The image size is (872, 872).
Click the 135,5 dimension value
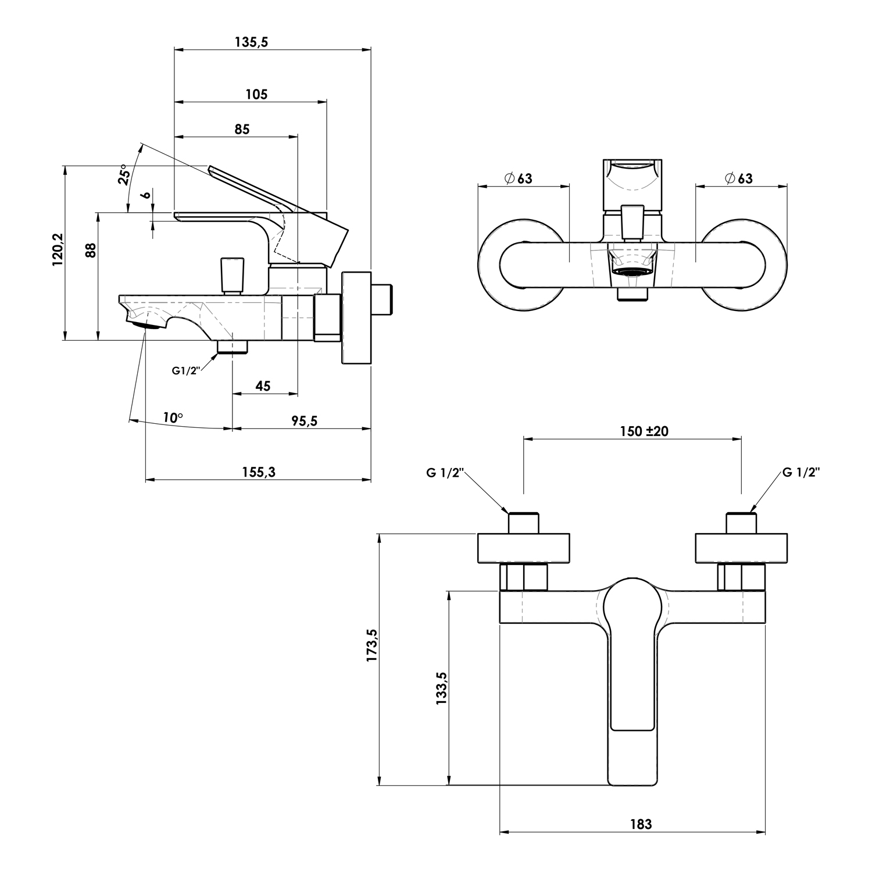coord(251,42)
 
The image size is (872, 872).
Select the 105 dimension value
coord(256,94)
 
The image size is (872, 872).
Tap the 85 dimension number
coord(242,129)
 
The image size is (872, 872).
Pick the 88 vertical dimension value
coord(90,250)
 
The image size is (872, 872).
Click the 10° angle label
coord(173,417)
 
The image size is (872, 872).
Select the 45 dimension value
coord(263,386)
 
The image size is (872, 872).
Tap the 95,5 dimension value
coord(305,421)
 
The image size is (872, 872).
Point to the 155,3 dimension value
coord(259,472)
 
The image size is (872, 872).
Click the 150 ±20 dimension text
coord(644,431)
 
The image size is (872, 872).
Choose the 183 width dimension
coord(641,824)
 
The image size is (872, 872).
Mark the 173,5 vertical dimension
coord(372,645)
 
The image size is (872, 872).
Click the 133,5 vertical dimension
coord(441,688)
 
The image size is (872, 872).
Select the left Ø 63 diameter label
coord(519,178)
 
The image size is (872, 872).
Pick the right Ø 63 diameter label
coord(738,178)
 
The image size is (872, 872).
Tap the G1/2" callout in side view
coord(186,370)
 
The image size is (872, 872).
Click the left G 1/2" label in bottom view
coord(445,473)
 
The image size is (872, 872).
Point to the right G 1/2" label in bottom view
coord(801,472)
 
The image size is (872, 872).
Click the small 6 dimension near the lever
coord(147,194)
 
